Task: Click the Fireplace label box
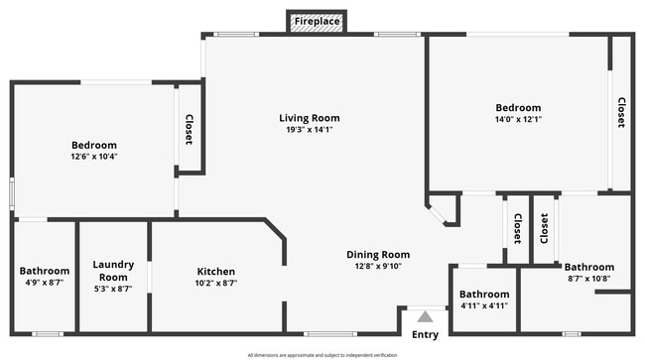[x=317, y=21]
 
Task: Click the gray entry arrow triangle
[x=425, y=317]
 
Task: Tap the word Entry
[x=425, y=335]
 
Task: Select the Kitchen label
[x=215, y=272]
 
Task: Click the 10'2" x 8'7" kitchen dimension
[x=215, y=283]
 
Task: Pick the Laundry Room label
[x=112, y=271]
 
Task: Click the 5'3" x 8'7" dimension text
[x=112, y=289]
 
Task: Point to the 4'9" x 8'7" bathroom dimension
[x=45, y=283]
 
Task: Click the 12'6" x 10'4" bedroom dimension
[x=93, y=157]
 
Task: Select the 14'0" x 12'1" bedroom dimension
[x=519, y=119]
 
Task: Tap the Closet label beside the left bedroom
[x=189, y=130]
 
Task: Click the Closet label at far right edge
[x=621, y=112]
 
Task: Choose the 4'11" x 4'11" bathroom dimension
[x=484, y=305]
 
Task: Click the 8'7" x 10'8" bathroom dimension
[x=589, y=278]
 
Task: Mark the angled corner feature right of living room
[x=442, y=210]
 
